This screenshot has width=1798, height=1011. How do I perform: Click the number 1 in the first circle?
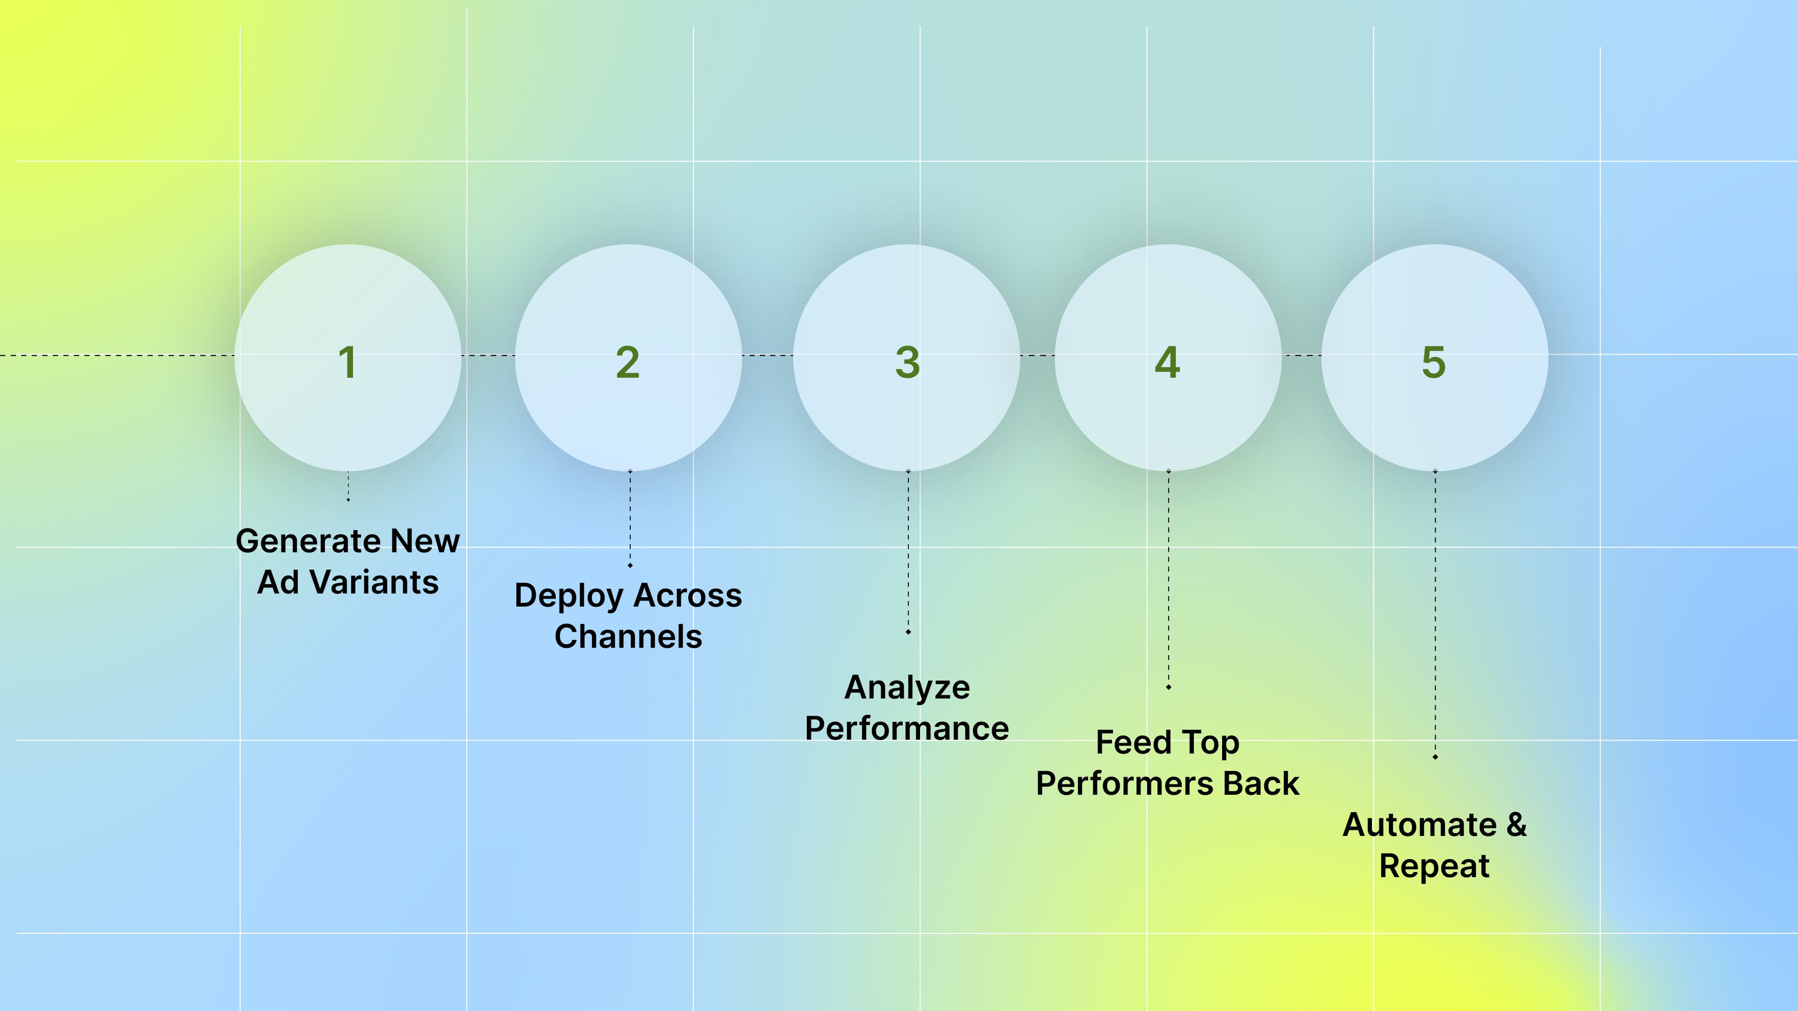[x=347, y=362]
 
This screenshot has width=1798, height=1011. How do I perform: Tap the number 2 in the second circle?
[x=627, y=362]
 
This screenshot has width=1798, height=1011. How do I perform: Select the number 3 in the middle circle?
[x=907, y=362]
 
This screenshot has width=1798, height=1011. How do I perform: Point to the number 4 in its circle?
[x=1167, y=362]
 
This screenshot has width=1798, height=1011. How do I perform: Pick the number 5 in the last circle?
[x=1434, y=362]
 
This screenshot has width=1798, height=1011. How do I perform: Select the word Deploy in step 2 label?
[x=569, y=596]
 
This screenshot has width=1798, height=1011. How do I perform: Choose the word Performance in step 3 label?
[x=906, y=728]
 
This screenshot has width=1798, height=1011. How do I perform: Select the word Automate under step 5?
[x=1420, y=825]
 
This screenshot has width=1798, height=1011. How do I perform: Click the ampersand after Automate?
[x=1517, y=825]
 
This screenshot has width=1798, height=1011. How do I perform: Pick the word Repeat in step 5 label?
[x=1434, y=866]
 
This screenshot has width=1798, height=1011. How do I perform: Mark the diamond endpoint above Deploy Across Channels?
[x=630, y=565]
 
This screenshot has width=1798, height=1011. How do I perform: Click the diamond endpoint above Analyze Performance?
[x=908, y=632]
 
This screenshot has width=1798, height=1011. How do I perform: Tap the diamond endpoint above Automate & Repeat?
[x=1435, y=757]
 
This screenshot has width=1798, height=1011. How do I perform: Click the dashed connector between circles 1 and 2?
[x=488, y=356]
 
